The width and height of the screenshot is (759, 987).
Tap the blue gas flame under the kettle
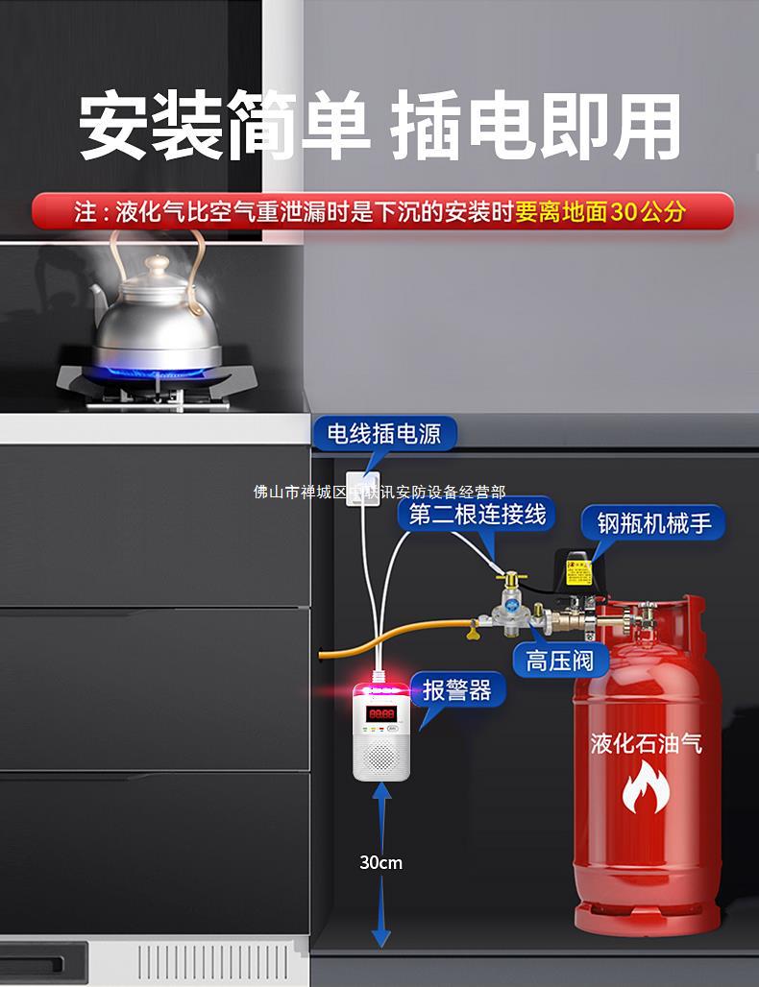tap(154, 372)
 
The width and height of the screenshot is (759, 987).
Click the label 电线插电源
tap(383, 434)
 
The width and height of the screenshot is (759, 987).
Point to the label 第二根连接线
tap(477, 515)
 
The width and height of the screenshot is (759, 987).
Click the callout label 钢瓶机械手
tap(653, 523)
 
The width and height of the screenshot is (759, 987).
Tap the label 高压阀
tap(553, 661)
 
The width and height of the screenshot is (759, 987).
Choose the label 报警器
tap(456, 689)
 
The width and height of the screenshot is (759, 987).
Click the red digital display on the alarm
tap(381, 713)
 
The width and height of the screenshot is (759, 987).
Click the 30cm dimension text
tap(380, 862)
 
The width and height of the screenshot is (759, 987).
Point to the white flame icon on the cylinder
tap(644, 788)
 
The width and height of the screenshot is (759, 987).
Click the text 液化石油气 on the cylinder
tap(645, 743)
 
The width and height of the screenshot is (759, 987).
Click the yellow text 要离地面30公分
tap(600, 211)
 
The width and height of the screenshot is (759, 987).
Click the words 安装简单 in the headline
tap(223, 128)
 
